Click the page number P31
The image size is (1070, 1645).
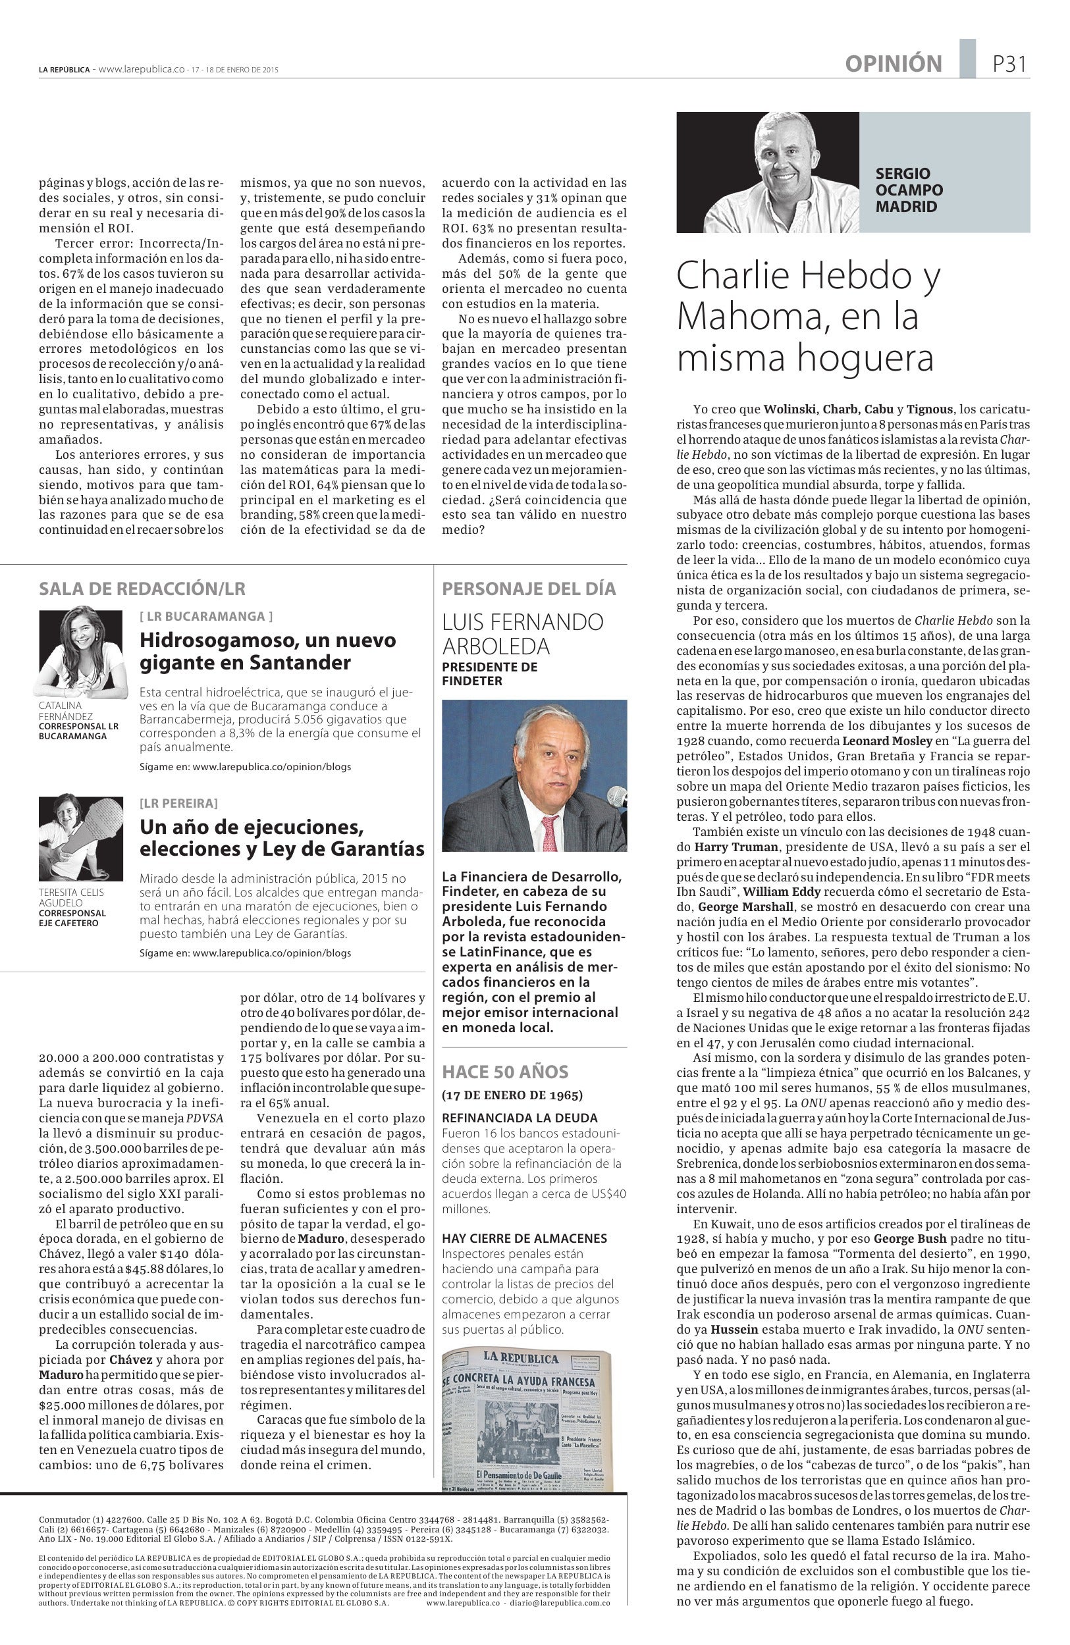pos(1009,65)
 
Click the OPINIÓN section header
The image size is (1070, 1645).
pos(893,65)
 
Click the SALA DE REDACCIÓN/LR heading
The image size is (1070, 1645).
pos(142,589)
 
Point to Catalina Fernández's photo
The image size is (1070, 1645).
pos(81,652)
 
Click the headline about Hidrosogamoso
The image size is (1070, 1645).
pos(267,651)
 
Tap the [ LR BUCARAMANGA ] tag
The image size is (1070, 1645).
pos(206,616)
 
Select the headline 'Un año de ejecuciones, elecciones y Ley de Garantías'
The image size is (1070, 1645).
pos(282,838)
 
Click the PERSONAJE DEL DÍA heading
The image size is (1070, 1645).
pos(529,589)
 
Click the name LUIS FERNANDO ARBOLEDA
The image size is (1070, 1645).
pos(523,634)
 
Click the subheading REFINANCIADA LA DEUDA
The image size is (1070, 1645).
pos(519,1118)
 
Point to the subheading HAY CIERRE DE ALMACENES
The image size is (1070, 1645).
pos(524,1238)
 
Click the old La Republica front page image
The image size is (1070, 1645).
pos(527,1420)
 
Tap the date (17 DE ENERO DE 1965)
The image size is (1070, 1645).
pos(512,1095)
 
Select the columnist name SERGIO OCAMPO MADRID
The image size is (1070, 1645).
pos(909,190)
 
